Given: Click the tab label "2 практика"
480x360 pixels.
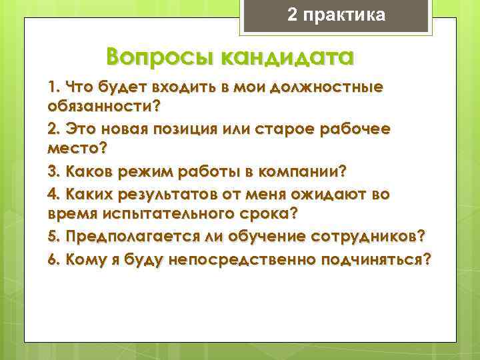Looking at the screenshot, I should click(x=336, y=15).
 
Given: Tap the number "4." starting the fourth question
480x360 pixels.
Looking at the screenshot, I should click(x=54, y=194).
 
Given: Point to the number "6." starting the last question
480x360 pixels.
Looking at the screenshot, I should click(x=54, y=259).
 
